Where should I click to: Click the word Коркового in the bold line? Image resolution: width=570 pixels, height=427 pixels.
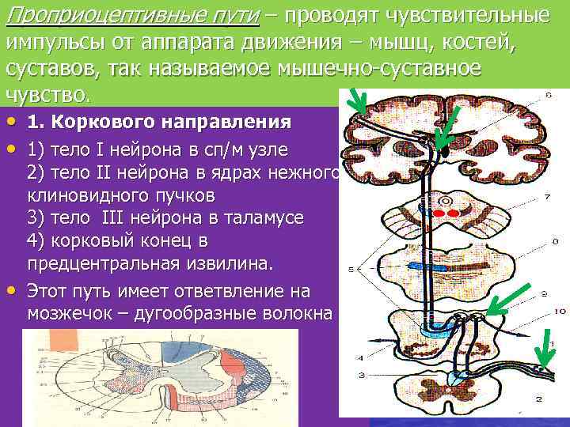click(x=112, y=123)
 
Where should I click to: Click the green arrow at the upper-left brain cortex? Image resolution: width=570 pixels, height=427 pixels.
click(x=359, y=103)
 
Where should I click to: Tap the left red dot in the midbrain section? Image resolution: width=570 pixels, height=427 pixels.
click(x=438, y=213)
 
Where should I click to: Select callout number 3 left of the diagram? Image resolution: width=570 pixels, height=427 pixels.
click(x=360, y=374)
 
